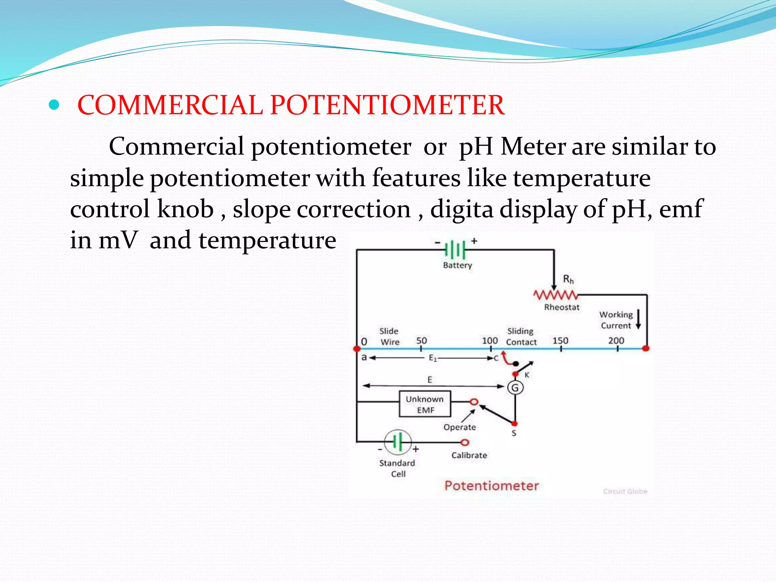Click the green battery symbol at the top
[455, 250]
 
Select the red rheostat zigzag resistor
[555, 295]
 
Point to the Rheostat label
[562, 307]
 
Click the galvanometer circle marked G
[515, 388]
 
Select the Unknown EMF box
[425, 404]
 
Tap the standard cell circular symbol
[397, 442]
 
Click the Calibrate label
[469, 455]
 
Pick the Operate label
[460, 427]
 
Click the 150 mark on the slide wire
[560, 341]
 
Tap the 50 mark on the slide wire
[421, 341]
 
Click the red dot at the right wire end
[646, 348]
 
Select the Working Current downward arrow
[638, 319]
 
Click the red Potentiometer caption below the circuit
[491, 485]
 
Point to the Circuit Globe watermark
[625, 491]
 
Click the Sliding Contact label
[521, 336]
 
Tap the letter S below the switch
[514, 433]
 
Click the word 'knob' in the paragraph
[185, 209]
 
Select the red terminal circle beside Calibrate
[465, 442]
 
